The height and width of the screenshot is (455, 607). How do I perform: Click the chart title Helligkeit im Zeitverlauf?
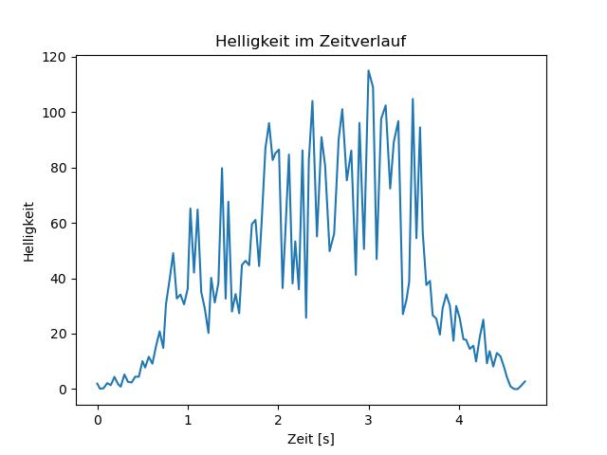click(310, 41)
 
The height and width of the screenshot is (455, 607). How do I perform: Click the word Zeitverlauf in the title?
click(362, 41)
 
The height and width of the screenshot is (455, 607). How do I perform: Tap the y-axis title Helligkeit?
click(29, 231)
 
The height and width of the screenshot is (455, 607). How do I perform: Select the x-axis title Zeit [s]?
click(311, 439)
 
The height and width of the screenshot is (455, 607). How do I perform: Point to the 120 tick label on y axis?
click(54, 57)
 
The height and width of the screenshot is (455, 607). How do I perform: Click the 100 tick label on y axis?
click(54, 113)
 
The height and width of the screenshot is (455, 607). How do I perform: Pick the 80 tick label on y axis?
click(59, 168)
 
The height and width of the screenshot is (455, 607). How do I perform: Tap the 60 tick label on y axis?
click(59, 224)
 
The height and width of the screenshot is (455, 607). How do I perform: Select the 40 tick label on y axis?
click(59, 279)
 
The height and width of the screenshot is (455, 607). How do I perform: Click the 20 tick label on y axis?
click(59, 334)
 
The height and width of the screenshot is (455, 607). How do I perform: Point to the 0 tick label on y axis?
click(63, 390)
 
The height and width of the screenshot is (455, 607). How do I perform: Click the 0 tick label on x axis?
click(98, 420)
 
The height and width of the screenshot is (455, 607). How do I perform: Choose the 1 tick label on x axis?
click(188, 420)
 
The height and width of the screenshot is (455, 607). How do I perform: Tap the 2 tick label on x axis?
click(278, 420)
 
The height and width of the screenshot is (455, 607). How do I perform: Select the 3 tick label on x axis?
click(369, 420)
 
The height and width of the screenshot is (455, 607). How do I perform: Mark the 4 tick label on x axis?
click(459, 420)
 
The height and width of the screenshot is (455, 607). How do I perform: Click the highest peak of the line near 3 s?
click(368, 70)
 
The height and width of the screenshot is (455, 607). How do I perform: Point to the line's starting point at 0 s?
click(97, 383)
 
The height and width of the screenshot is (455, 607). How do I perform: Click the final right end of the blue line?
click(525, 381)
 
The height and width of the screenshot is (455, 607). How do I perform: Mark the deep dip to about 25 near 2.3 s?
click(306, 318)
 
